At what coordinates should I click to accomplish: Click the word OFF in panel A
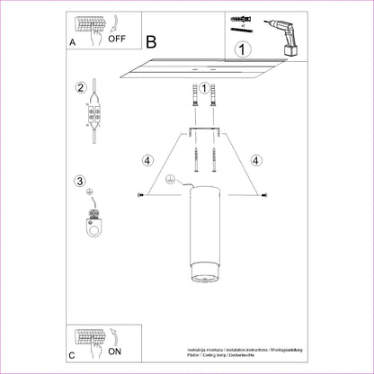tap(119, 38)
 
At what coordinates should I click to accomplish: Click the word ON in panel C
tap(116, 351)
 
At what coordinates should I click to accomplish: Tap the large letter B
tap(150, 41)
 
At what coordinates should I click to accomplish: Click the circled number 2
tap(81, 88)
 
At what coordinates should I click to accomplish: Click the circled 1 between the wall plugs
tap(203, 88)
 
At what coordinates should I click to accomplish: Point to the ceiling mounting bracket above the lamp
tap(203, 131)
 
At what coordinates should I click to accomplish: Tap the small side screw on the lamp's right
tap(261, 195)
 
